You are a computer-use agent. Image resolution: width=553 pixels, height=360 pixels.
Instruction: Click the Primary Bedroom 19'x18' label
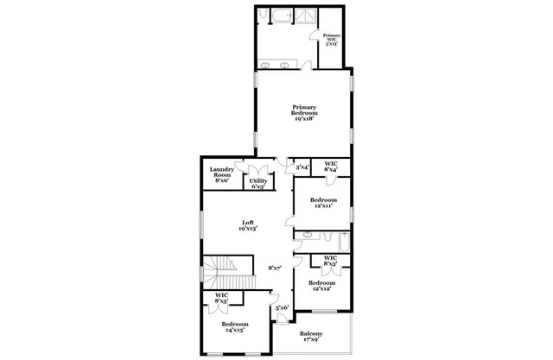pyautogui.click(x=305, y=113)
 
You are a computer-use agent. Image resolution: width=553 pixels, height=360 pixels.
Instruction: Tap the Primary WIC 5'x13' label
pyautogui.click(x=332, y=39)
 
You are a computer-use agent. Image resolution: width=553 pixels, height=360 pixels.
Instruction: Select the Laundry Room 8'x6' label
pyautogui.click(x=222, y=174)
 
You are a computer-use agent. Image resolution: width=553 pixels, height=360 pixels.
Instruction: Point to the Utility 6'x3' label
pyautogui.click(x=258, y=183)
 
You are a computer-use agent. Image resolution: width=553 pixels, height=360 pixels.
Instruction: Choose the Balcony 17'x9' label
pyautogui.click(x=311, y=337)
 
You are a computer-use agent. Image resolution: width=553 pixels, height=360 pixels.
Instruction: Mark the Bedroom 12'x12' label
pyautogui.click(x=321, y=286)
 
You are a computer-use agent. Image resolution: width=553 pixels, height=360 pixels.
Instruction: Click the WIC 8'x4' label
pyautogui.click(x=331, y=167)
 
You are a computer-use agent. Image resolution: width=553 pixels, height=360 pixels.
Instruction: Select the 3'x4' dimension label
pyautogui.click(x=302, y=167)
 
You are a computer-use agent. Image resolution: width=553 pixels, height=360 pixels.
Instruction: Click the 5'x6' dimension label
pyautogui.click(x=282, y=307)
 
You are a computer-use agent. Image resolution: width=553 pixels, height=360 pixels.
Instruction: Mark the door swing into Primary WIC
pyautogui.click(x=315, y=36)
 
